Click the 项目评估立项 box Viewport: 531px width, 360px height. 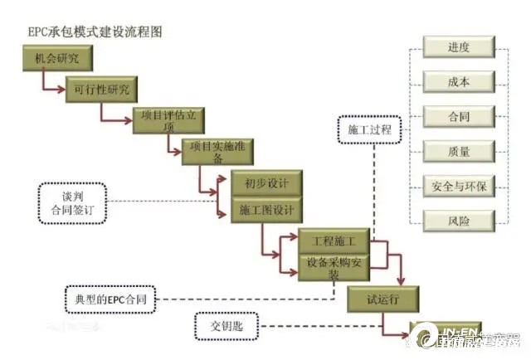168,121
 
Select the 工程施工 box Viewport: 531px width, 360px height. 334,241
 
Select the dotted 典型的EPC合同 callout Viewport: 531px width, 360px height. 108,297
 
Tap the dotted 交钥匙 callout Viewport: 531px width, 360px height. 227,324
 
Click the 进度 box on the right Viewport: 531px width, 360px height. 459,48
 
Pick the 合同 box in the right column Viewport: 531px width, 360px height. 459,117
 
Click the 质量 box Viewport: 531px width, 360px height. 459,152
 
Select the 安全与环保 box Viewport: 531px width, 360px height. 459,186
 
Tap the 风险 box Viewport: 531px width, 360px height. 459,221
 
